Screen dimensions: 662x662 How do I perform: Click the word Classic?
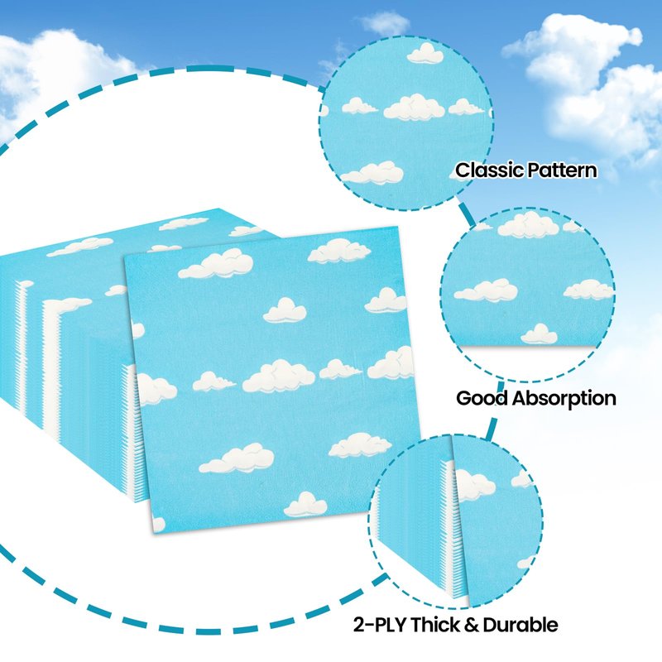point(490,171)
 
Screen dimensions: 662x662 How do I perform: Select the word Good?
point(482,398)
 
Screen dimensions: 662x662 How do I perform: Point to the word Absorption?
point(564,398)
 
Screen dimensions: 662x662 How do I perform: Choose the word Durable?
point(528,624)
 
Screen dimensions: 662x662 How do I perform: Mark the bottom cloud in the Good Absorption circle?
point(539,334)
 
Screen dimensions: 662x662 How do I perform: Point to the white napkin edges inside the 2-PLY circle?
point(448,530)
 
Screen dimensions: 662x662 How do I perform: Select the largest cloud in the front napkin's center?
point(278,376)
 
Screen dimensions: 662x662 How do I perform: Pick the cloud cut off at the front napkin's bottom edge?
point(305,504)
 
